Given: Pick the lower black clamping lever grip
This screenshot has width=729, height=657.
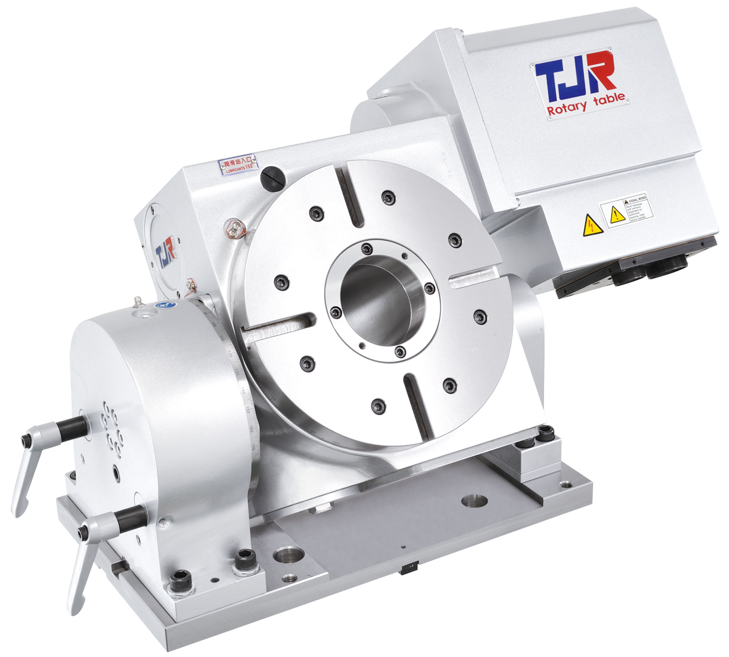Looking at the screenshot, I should click(130, 514).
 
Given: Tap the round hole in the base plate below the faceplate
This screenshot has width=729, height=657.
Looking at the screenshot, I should click(474, 498).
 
